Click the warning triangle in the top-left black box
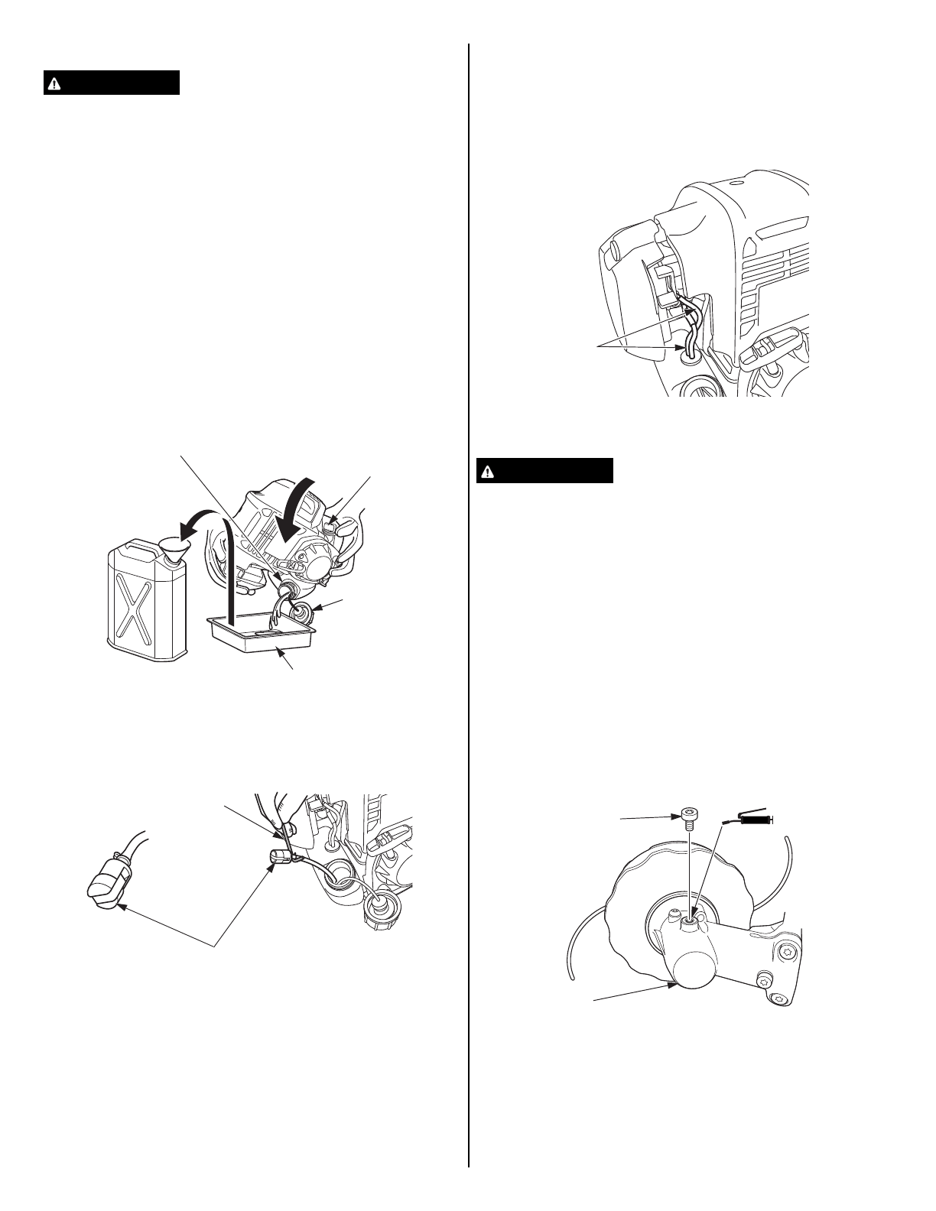(x=53, y=83)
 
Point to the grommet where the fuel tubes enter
(x=687, y=354)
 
